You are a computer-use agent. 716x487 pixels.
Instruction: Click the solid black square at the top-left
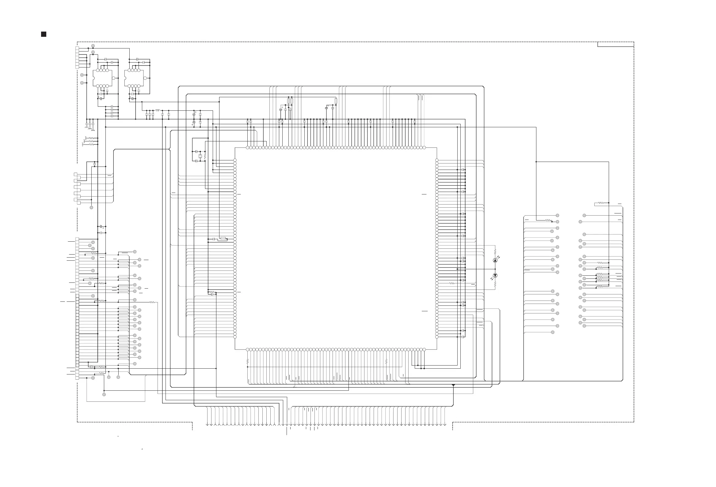44,34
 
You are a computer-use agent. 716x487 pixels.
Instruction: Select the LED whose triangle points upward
495,260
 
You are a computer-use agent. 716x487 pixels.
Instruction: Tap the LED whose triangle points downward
495,275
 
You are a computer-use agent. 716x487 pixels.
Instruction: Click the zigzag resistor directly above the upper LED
495,251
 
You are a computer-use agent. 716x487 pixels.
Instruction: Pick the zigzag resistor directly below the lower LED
495,285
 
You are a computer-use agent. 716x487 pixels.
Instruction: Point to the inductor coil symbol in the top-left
158,110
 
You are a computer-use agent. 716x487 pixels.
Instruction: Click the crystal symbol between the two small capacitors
200,156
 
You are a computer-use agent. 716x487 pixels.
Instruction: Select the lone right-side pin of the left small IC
113,78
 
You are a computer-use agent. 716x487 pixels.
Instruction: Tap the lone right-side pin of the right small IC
145,78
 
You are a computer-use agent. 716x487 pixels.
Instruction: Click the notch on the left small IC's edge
93,78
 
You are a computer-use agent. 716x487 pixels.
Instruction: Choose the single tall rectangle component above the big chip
336,101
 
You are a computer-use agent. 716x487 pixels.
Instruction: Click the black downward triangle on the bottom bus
453,385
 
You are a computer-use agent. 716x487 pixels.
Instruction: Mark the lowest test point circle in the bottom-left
104,394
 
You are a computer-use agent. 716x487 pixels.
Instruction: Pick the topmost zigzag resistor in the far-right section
601,203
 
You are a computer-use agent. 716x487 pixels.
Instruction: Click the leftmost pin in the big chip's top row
248,148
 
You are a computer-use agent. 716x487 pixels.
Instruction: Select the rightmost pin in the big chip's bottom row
424,350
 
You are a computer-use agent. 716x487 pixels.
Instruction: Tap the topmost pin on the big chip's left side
235,160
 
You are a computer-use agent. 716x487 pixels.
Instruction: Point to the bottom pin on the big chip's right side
437,337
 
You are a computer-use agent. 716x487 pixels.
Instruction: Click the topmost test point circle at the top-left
93,46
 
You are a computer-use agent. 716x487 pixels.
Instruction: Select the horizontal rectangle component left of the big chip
223,238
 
